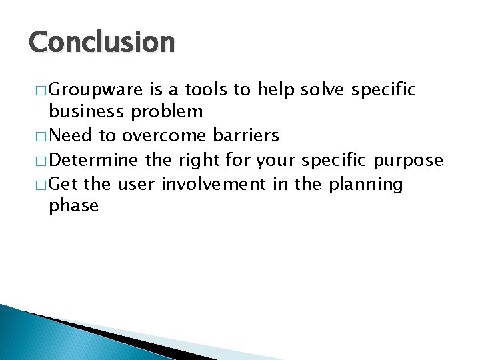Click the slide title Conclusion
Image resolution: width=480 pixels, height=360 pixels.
(102, 43)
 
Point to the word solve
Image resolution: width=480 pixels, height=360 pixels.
(317, 89)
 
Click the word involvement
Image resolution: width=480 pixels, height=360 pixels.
(213, 183)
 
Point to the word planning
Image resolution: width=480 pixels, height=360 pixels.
(366, 185)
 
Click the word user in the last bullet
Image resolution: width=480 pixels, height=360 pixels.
(137, 184)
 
